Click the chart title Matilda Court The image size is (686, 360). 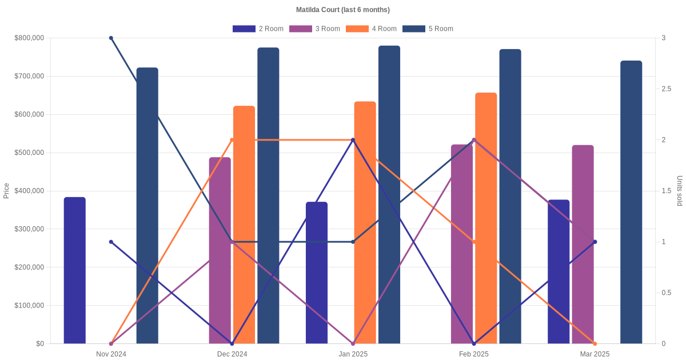(x=342, y=10)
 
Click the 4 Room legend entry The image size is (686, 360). (x=371, y=29)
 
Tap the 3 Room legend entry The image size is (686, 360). (x=314, y=29)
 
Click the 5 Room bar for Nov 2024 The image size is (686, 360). (x=147, y=206)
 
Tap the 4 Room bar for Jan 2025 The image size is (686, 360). (x=365, y=223)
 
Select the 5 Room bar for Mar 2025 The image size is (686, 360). (x=631, y=202)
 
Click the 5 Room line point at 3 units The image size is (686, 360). (x=111, y=38)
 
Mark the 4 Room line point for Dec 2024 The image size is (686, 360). (x=232, y=140)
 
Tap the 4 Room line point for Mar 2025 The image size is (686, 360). (x=595, y=343)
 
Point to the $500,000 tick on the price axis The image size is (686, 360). (x=29, y=153)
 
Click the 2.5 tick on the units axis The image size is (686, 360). (x=667, y=89)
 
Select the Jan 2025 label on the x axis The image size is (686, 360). (x=353, y=354)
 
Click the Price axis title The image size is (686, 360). (x=6, y=191)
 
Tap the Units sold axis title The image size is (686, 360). (x=679, y=191)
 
